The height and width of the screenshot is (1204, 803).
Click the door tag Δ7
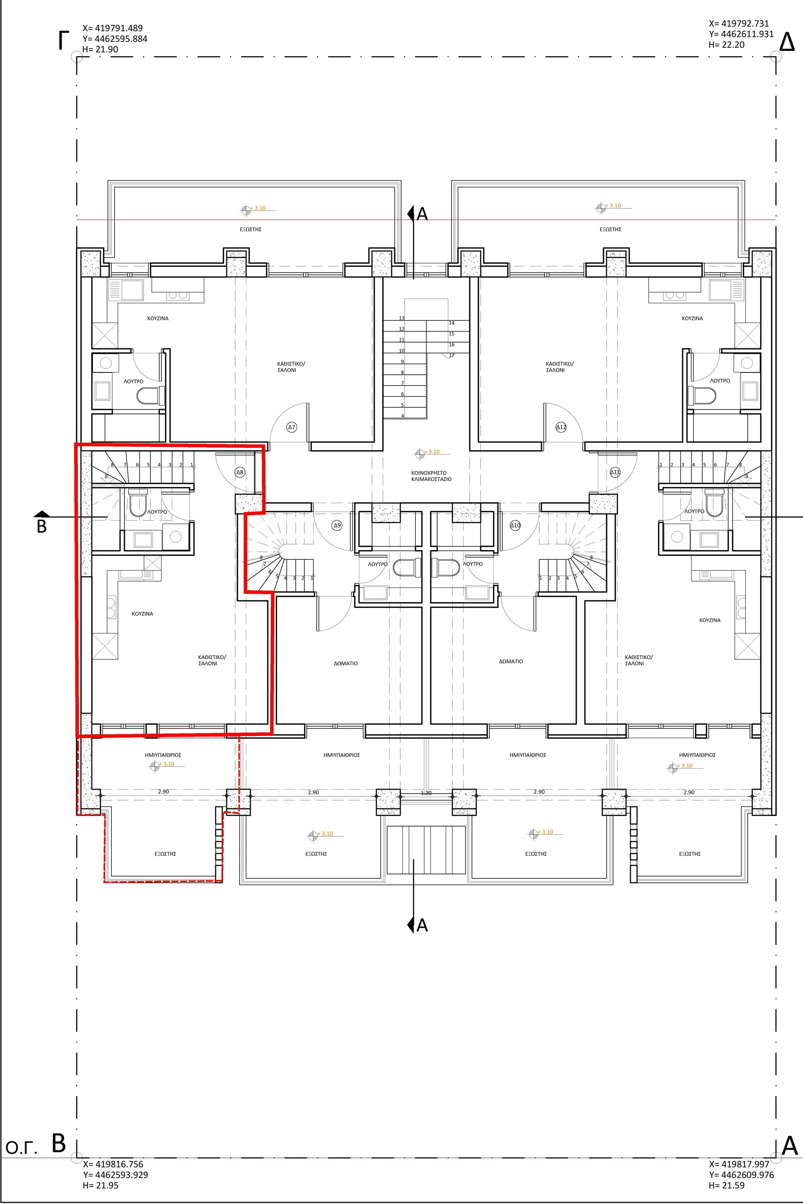coord(291,426)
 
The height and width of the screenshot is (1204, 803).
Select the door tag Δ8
coord(240,472)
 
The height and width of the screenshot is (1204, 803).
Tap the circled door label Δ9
coord(337,525)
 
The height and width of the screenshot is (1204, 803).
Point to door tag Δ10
coord(515,525)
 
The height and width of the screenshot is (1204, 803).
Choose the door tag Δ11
coord(615,472)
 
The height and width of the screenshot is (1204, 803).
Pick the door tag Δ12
coord(561,427)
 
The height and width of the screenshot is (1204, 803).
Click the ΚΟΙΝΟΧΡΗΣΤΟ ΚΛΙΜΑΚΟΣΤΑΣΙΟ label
coord(431,476)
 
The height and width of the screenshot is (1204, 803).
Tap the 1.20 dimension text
coord(426,793)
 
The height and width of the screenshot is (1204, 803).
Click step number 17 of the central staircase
coord(451,356)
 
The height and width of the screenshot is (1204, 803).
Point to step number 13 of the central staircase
coord(401,318)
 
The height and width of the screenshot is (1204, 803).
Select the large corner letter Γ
coord(63,41)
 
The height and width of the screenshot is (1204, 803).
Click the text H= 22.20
coord(727,45)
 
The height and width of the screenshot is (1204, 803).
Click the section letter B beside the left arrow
coord(42,526)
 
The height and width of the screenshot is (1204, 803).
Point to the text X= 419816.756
coord(113,1164)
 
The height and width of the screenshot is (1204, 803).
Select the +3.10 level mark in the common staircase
coord(428,452)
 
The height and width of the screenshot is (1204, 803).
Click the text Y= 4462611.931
coord(741,34)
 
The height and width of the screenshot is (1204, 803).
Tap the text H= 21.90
coord(100,49)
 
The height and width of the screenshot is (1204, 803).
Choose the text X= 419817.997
coord(740,1164)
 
